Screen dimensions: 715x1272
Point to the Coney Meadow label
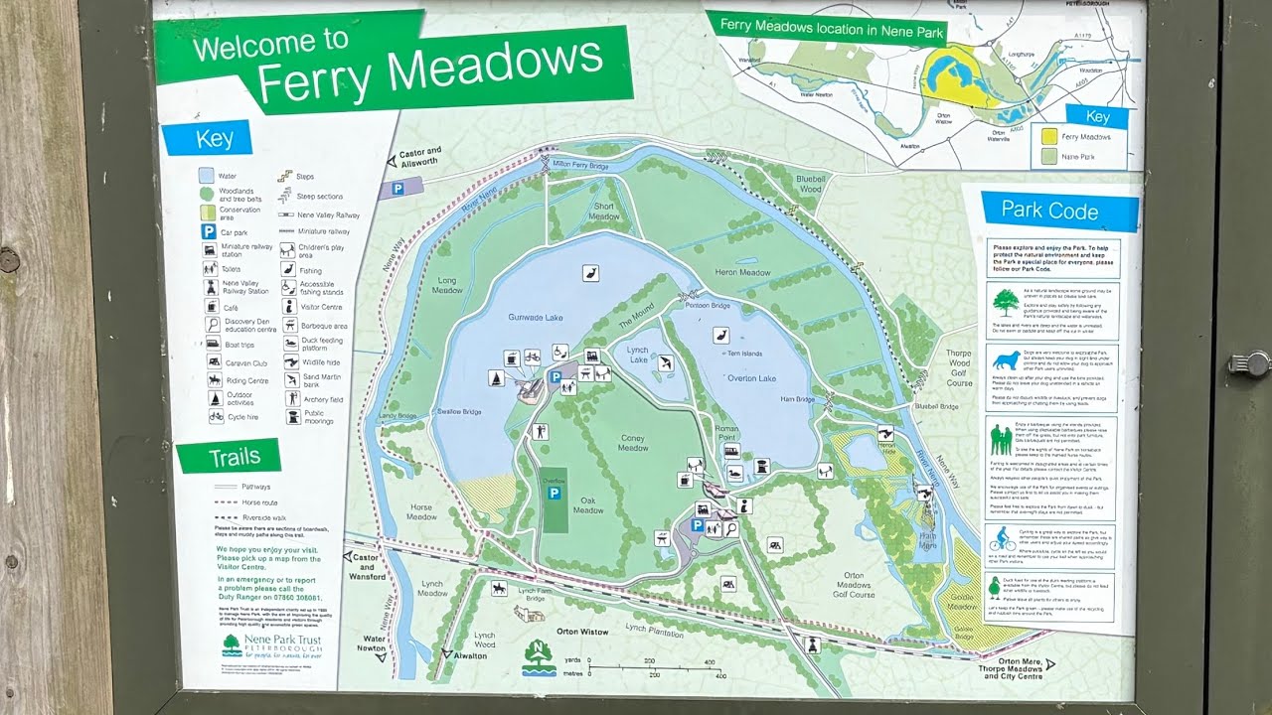point(632,443)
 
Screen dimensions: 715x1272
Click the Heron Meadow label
point(742,272)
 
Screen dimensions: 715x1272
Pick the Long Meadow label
point(449,285)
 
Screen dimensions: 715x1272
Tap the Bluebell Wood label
point(810,184)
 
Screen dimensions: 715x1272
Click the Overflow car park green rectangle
point(555,500)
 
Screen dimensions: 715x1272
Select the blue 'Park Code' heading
point(1049,212)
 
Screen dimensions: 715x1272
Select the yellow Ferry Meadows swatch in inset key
point(1046,136)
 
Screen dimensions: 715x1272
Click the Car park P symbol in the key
point(209,231)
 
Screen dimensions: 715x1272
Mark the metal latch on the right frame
point(1248,364)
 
